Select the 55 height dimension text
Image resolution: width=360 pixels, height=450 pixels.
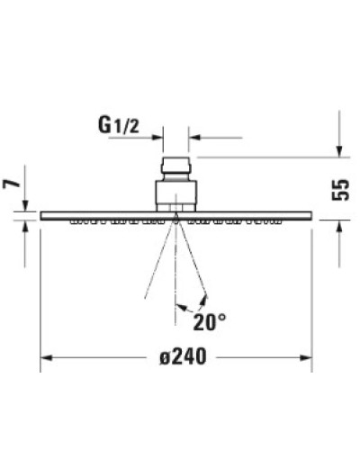340,189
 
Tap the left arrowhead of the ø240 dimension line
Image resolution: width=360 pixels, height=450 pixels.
47,357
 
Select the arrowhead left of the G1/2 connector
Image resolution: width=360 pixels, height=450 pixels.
157,139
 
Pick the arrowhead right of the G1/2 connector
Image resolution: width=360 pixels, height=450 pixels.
194,139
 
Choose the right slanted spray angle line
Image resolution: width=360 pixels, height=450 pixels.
192,261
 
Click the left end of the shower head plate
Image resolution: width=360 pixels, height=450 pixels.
43,214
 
